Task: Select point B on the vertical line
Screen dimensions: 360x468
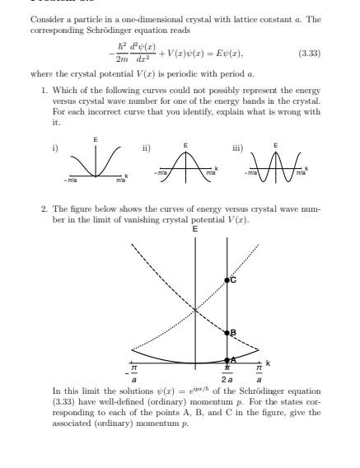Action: pos(227,333)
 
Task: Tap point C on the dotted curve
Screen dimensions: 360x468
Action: pos(227,281)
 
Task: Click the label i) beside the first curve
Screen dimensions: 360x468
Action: pos(54,148)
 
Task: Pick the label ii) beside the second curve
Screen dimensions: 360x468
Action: pos(146,148)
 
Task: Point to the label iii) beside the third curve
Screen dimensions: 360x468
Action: pos(237,148)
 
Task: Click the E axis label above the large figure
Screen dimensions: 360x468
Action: pos(194,228)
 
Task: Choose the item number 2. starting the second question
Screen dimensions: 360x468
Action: pos(44,209)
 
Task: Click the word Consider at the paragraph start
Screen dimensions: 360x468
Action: pos(44,18)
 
